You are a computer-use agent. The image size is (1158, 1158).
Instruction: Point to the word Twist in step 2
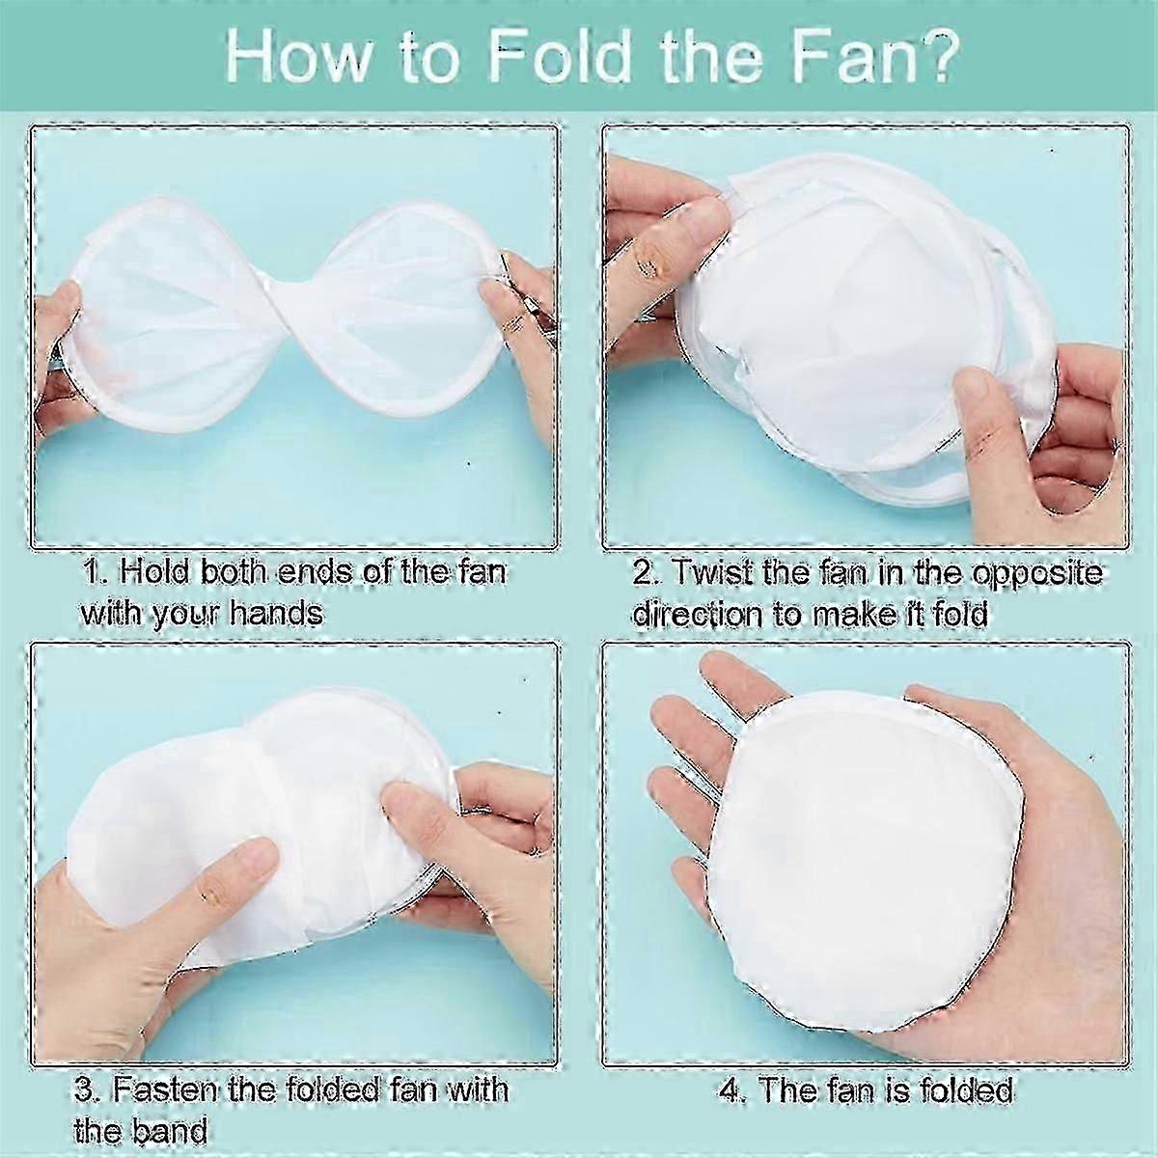click(x=709, y=571)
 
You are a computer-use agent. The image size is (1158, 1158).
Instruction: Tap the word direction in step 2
click(x=694, y=614)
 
